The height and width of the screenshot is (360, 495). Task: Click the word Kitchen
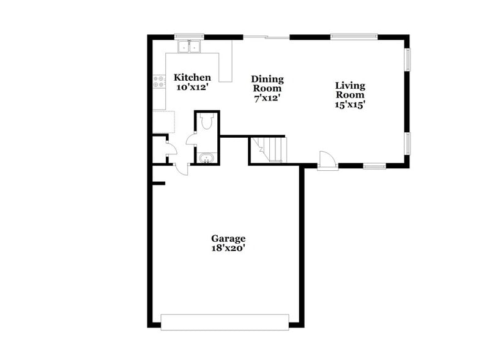point(192,78)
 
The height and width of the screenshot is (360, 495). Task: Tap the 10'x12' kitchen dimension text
point(192,88)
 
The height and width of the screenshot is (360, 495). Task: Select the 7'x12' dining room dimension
point(267,97)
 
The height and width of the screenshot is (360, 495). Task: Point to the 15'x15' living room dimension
point(349,104)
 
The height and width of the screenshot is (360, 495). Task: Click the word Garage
point(228,238)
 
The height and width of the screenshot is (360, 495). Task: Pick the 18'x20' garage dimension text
point(228,248)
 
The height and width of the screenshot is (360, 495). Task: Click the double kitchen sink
point(190,47)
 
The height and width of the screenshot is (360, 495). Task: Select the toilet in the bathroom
point(206,122)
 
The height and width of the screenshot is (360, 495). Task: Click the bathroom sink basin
point(207,159)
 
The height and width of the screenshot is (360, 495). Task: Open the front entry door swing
point(328,160)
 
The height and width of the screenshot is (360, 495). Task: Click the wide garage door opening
point(225,322)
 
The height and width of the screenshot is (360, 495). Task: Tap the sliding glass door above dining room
point(266,38)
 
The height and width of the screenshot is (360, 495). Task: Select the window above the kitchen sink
point(189,37)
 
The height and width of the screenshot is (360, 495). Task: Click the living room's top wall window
point(354,37)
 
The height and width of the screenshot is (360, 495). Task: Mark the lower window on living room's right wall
point(408,143)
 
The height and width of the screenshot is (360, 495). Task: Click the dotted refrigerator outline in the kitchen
point(163,121)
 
